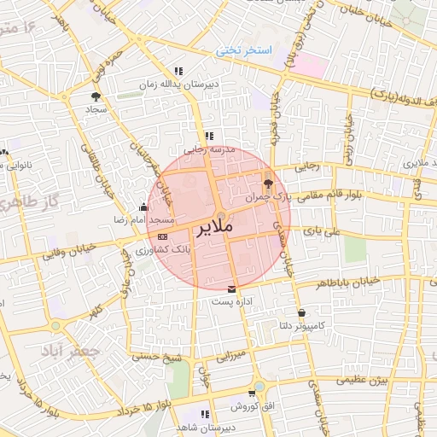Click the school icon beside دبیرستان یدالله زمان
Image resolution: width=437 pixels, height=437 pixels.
tap(178, 72)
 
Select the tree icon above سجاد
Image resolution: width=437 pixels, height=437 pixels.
tap(95, 97)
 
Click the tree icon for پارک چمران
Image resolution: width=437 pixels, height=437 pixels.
tap(269, 182)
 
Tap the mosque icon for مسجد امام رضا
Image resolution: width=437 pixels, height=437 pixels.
tap(143, 207)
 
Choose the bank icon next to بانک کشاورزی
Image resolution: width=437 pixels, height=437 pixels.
tap(162, 237)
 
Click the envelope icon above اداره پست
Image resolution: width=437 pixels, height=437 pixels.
tap(232, 290)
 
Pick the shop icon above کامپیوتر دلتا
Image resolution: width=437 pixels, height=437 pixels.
tap(302, 313)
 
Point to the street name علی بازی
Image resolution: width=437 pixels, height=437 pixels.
tap(326, 231)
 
